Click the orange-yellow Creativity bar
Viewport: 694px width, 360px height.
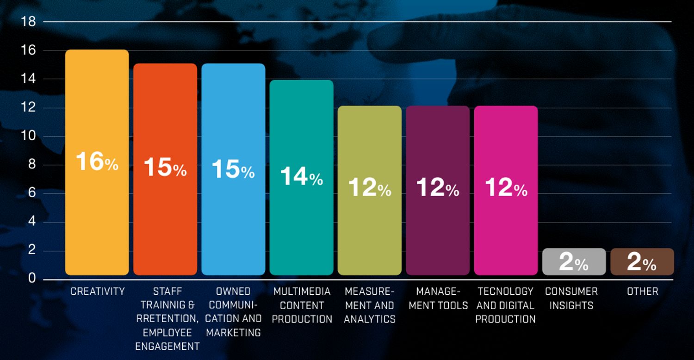click(97, 162)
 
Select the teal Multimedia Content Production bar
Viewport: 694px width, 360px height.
click(302, 178)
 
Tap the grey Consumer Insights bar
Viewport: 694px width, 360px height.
click(574, 262)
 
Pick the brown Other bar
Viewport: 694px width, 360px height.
click(642, 262)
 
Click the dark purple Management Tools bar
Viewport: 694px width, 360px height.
click(438, 191)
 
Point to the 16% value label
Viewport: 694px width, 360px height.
click(97, 161)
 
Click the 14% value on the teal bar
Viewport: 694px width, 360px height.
click(302, 176)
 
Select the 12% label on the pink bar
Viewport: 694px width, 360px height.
click(506, 187)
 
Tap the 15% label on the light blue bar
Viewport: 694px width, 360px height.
click(233, 169)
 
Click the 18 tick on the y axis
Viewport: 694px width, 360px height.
click(28, 22)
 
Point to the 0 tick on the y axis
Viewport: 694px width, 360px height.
click(32, 278)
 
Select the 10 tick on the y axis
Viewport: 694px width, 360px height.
click(28, 136)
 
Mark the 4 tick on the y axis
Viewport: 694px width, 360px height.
click(32, 221)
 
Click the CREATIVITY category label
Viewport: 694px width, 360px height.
click(98, 291)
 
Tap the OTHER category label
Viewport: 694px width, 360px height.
click(643, 291)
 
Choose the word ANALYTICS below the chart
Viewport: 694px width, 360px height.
click(370, 319)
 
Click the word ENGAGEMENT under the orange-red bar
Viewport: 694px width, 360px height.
click(167, 347)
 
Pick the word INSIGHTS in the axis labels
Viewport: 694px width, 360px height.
click(571, 305)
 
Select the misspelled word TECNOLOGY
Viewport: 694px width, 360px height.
click(505, 291)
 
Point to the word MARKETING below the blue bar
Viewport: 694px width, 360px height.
click(233, 333)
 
